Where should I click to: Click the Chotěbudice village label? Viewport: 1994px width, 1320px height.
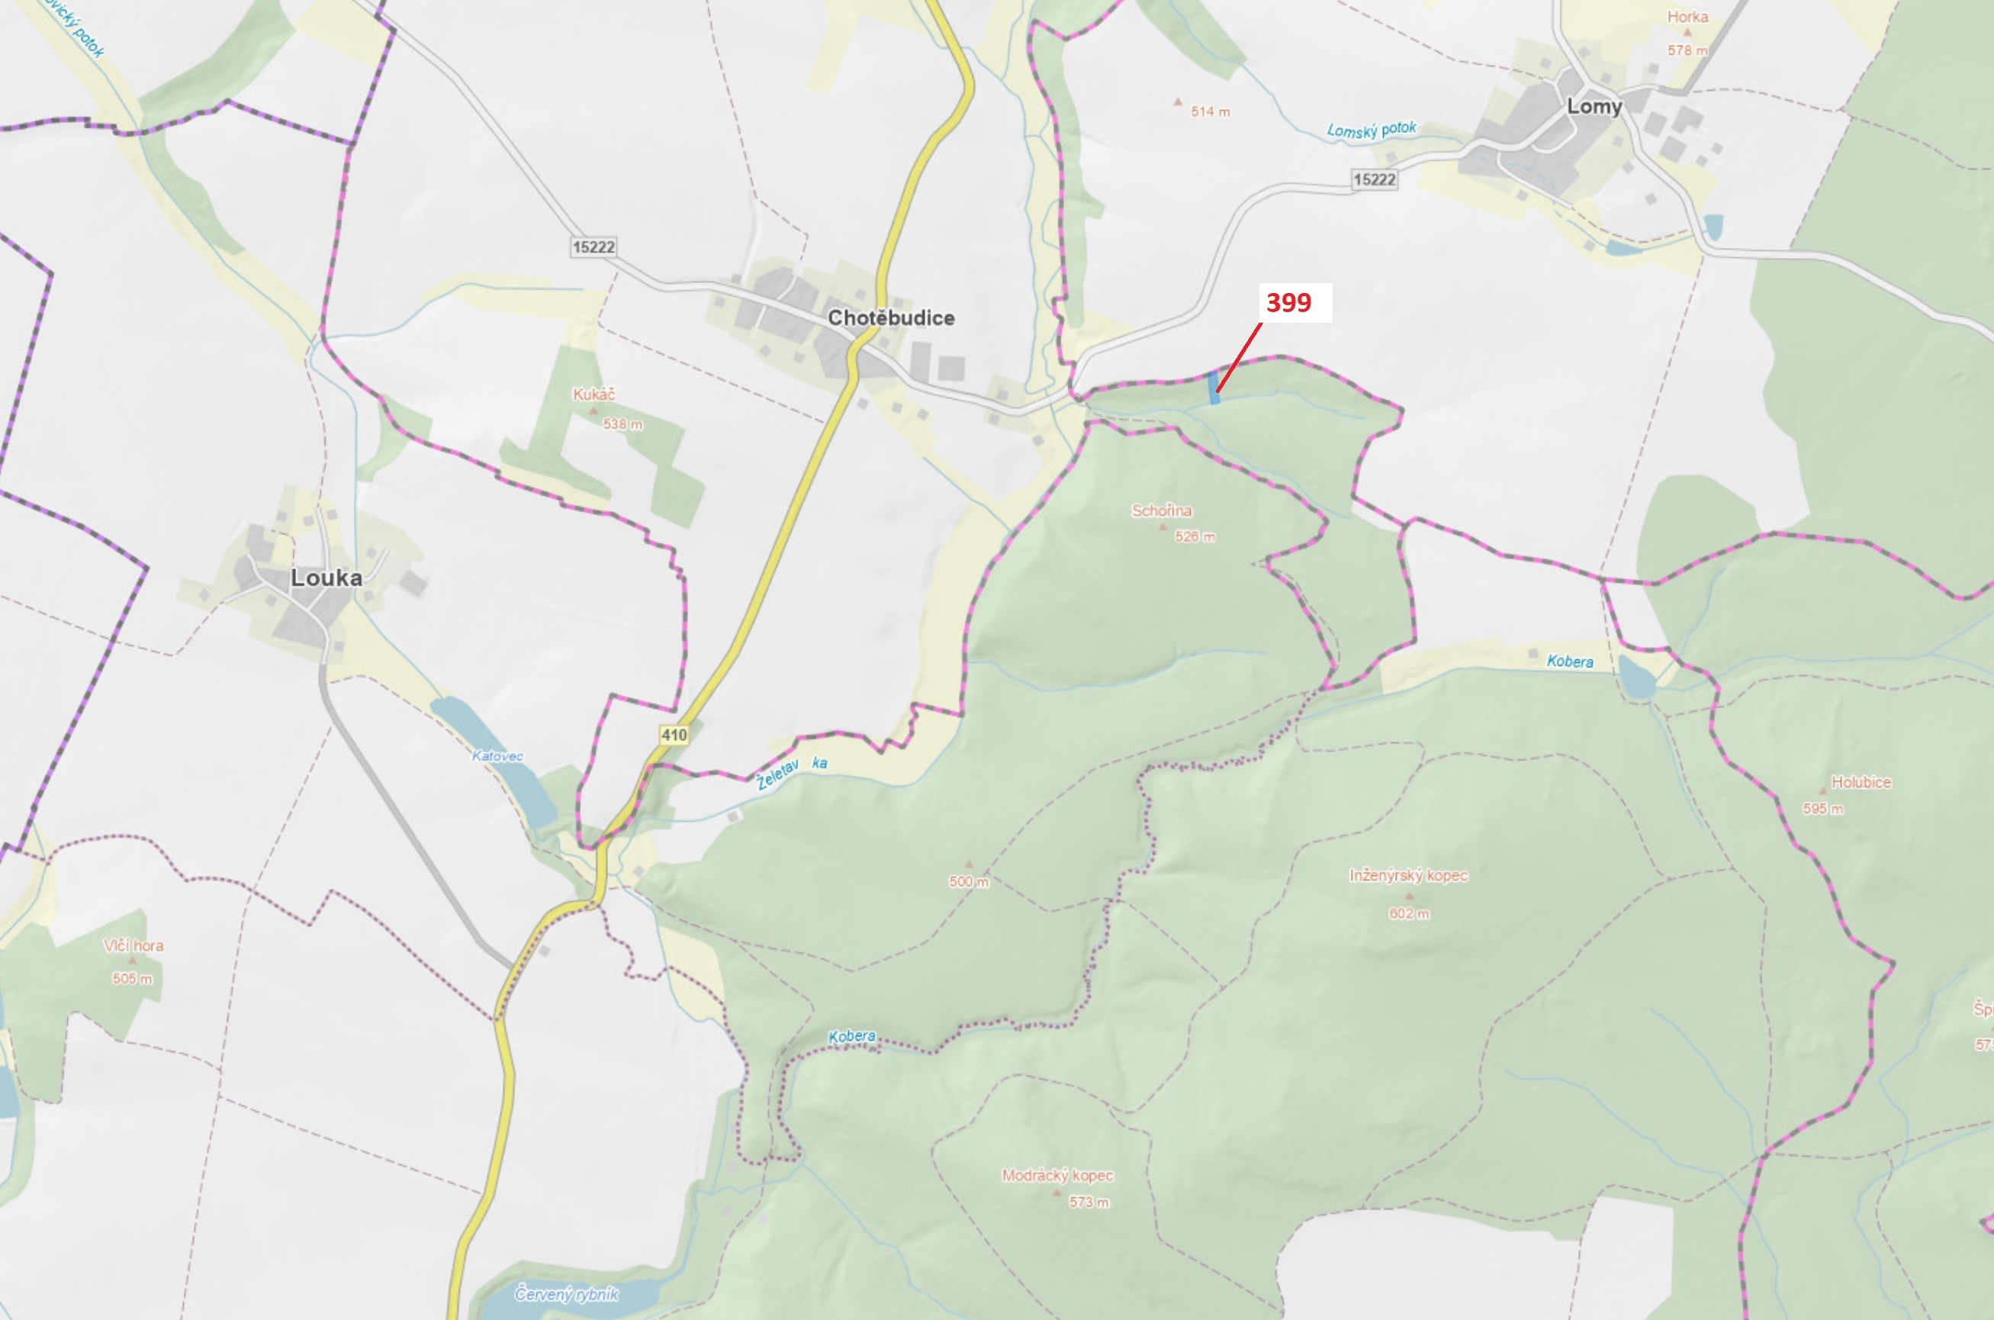890,318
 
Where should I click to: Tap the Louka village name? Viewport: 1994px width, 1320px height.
326,578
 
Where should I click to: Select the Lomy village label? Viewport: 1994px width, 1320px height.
1594,107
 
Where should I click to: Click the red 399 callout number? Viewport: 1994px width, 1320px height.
1288,302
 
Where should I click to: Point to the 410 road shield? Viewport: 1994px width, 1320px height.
674,735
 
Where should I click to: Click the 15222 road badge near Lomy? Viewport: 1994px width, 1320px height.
1374,179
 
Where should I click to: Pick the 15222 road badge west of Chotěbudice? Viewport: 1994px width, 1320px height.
593,246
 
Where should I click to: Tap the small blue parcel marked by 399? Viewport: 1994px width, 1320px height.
1214,388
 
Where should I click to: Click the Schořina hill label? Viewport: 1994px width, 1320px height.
1162,511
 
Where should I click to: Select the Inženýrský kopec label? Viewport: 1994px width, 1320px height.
1408,875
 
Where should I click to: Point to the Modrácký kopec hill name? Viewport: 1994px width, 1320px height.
1057,1175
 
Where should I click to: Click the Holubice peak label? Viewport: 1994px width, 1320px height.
1861,782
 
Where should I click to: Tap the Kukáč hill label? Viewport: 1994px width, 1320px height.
593,394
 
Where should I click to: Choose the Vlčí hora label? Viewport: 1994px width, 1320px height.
133,945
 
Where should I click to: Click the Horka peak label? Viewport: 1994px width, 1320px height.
1687,17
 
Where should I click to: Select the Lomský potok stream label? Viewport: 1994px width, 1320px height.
1371,130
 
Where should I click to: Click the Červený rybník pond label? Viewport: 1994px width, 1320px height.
567,1293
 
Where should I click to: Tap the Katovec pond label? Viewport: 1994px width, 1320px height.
497,756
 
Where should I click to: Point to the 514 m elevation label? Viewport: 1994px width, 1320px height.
1210,112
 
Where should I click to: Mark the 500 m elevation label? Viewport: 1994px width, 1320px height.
969,881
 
